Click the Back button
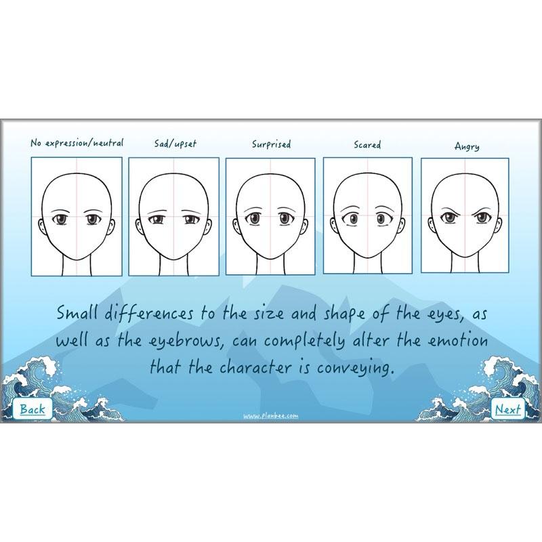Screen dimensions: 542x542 pos(32,409)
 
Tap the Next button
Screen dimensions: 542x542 pos(507,409)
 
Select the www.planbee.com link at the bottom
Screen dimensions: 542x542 pos(270,416)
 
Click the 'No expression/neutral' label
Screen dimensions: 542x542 pos(77,143)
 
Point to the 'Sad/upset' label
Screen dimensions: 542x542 pos(175,144)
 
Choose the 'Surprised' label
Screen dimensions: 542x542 pos(272,144)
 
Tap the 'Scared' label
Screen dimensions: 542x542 pos(367,144)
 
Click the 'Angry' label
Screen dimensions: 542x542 pos(467,146)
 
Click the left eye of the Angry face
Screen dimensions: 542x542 pos(449,218)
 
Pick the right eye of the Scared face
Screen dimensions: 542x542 pos(382,219)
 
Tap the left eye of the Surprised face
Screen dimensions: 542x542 pos(255,218)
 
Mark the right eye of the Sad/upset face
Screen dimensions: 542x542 pos(190,220)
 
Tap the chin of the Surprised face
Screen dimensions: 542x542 pos(270,257)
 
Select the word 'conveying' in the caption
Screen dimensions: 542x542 pos(356,369)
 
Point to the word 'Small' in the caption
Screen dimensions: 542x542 pos(78,313)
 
